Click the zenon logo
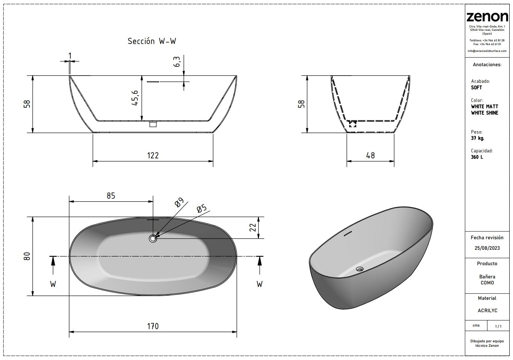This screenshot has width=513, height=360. click(487, 17)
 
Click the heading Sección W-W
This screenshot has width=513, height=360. click(152, 41)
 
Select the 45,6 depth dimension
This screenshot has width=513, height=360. click(135, 98)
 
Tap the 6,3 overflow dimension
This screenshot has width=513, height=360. click(177, 61)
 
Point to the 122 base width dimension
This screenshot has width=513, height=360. click(153, 155)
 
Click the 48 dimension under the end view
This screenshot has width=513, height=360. click(370, 155)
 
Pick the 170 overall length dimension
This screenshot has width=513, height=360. click(153, 326)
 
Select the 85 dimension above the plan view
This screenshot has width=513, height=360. click(111, 196)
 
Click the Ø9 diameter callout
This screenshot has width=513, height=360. click(179, 202)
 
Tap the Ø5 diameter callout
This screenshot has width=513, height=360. click(202, 209)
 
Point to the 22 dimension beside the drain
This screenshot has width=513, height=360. click(253, 228)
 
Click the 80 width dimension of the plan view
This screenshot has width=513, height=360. click(27, 256)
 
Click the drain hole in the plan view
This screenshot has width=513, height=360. click(153, 238)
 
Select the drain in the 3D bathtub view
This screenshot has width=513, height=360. click(360, 269)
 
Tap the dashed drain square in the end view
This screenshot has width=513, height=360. click(353, 124)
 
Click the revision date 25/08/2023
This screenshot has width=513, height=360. click(487, 248)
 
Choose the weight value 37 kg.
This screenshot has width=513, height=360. click(478, 138)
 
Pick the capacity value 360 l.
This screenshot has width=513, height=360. click(477, 157)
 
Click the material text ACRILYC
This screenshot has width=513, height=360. click(487, 310)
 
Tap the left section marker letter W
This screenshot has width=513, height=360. click(53, 284)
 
